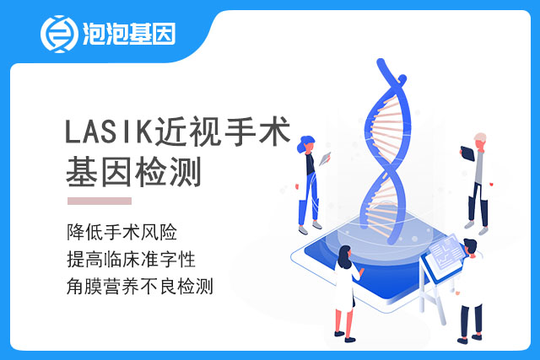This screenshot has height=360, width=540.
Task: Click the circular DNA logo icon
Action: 59,34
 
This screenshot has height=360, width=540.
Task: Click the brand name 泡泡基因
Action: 129,34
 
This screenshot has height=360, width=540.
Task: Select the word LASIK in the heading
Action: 109,132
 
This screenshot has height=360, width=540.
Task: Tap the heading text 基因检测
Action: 133,172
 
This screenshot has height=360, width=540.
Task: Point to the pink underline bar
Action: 100,201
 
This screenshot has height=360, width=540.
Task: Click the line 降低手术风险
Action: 121,232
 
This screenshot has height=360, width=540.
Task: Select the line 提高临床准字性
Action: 132,259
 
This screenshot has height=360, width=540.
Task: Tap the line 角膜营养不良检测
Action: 140,286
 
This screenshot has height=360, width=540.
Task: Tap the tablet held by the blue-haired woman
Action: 325,159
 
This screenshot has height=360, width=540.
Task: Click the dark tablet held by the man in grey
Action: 467,153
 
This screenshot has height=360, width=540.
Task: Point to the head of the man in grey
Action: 480,140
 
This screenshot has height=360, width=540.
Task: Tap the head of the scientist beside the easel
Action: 470,247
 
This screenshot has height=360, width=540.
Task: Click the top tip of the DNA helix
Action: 381,62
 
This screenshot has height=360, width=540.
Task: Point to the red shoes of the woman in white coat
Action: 345,336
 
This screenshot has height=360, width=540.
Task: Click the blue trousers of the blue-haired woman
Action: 310,199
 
